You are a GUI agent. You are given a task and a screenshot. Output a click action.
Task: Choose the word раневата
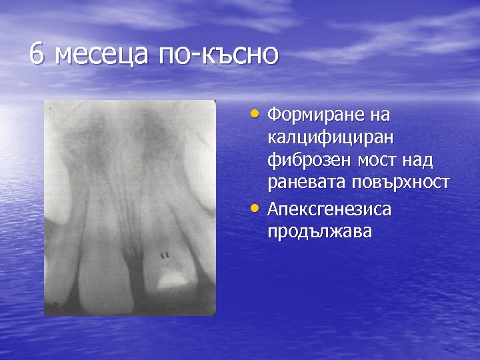coord(307,184)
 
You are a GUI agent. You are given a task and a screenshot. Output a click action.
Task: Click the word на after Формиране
coord(381,115)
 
